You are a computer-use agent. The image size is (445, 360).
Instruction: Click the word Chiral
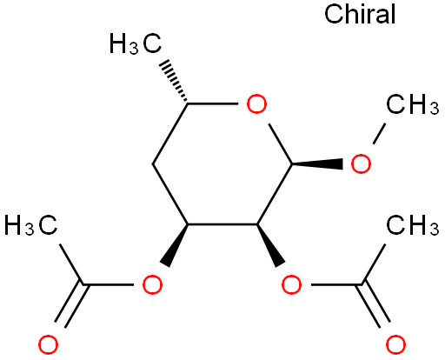(360, 14)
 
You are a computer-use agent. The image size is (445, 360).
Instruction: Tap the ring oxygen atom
(256, 103)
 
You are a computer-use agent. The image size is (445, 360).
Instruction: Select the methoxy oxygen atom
(361, 163)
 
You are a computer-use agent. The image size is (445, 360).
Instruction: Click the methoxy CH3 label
(413, 103)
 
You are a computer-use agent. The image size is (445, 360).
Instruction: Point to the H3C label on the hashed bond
(136, 43)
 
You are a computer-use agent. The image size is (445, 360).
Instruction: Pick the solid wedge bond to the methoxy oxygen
(317, 164)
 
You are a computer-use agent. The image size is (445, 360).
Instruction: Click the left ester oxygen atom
(152, 284)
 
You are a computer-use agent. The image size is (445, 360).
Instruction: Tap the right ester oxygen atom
(291, 284)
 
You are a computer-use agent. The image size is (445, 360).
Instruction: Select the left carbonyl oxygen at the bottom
(48, 344)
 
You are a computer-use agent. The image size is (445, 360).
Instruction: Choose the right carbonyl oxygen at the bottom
(395, 344)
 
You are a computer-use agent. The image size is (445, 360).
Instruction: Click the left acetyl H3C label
(31, 224)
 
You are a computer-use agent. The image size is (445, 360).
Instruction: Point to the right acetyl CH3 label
(413, 224)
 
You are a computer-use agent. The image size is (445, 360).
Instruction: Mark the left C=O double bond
(70, 305)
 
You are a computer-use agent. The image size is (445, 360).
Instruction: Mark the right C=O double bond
(375, 305)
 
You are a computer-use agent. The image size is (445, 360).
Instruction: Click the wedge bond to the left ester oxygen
(176, 245)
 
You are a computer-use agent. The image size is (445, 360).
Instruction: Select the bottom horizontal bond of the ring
(222, 224)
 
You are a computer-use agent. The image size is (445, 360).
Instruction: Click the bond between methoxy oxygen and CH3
(379, 134)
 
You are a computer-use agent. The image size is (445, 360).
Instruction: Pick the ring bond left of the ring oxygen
(213, 103)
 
